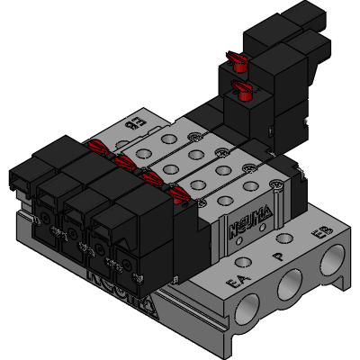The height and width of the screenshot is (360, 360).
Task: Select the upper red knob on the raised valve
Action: [238, 61]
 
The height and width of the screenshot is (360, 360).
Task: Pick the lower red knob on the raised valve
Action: [242, 88]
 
